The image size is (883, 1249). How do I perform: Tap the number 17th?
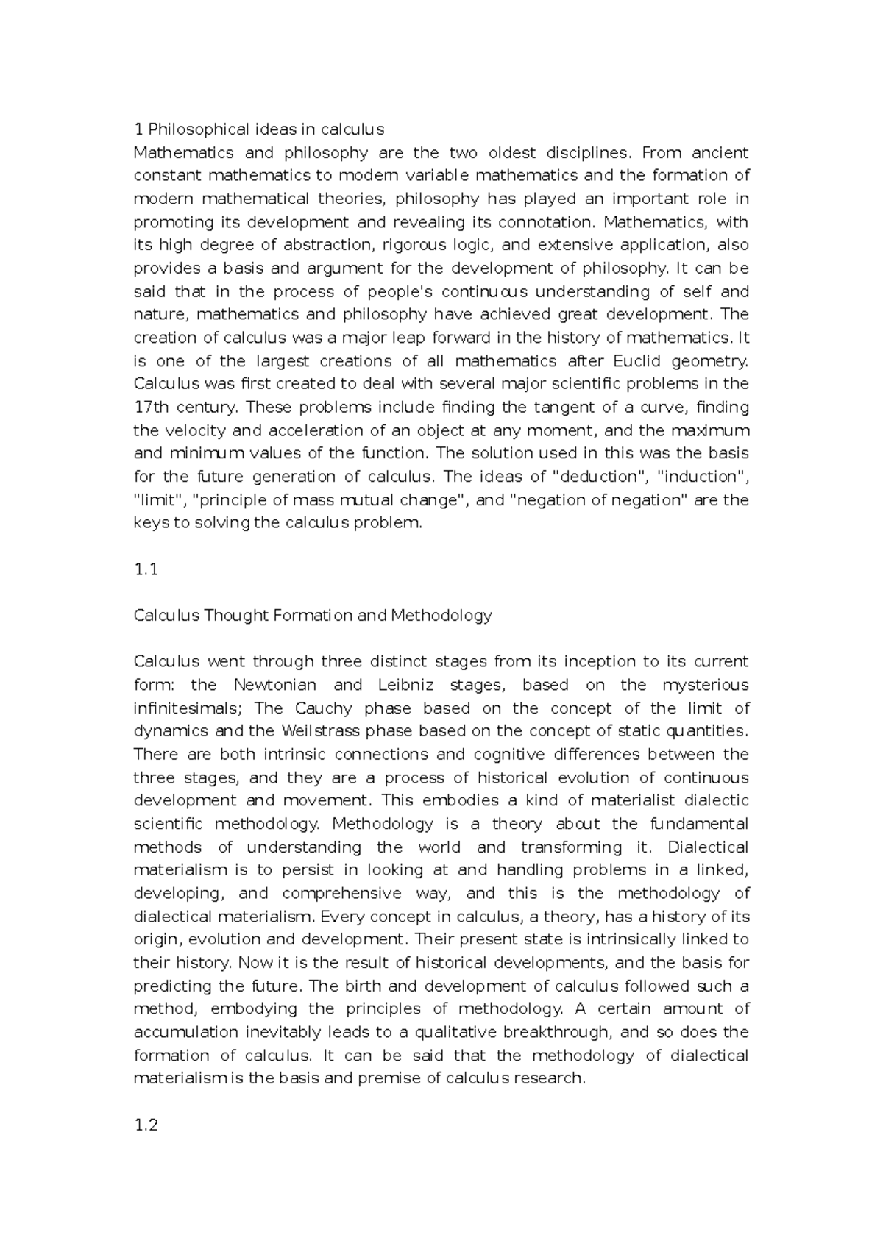pyautogui.click(x=149, y=408)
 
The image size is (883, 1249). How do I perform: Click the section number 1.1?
pyautogui.click(x=146, y=569)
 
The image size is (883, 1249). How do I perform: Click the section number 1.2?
pyautogui.click(x=146, y=1125)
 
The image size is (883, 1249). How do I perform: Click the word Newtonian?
pyautogui.click(x=274, y=686)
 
